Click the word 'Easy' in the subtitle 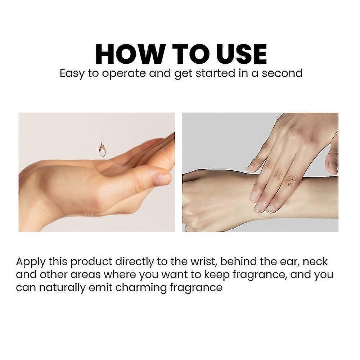pos(72,74)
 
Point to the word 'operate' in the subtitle pos(123,74)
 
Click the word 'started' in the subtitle pos(215,73)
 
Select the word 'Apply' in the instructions pos(31,262)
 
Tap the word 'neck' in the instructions pos(315,262)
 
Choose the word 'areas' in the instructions pos(86,275)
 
